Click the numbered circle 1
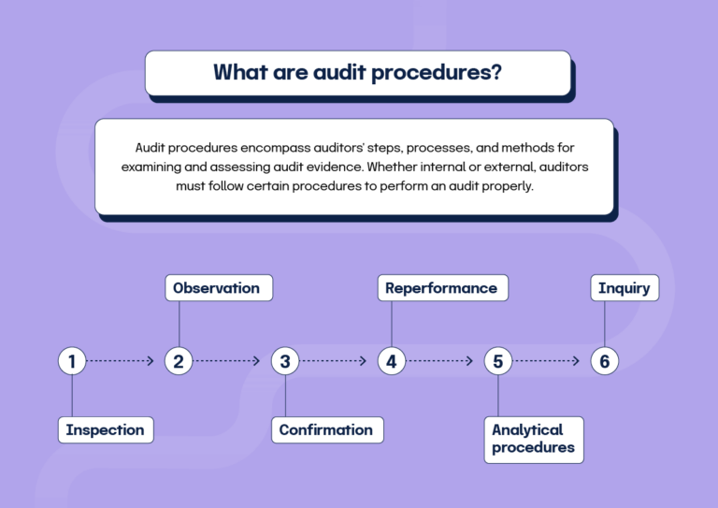point(72,361)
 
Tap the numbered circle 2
point(179,361)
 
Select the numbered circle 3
point(285,361)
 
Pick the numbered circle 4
point(392,361)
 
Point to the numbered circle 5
point(498,361)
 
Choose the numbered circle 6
point(605,361)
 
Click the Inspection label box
point(106,430)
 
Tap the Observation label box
point(217,288)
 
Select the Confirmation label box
point(326,430)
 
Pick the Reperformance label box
point(442,288)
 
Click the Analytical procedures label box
point(534,439)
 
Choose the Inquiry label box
point(625,288)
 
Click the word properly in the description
point(506,185)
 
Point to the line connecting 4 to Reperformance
point(392,324)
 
